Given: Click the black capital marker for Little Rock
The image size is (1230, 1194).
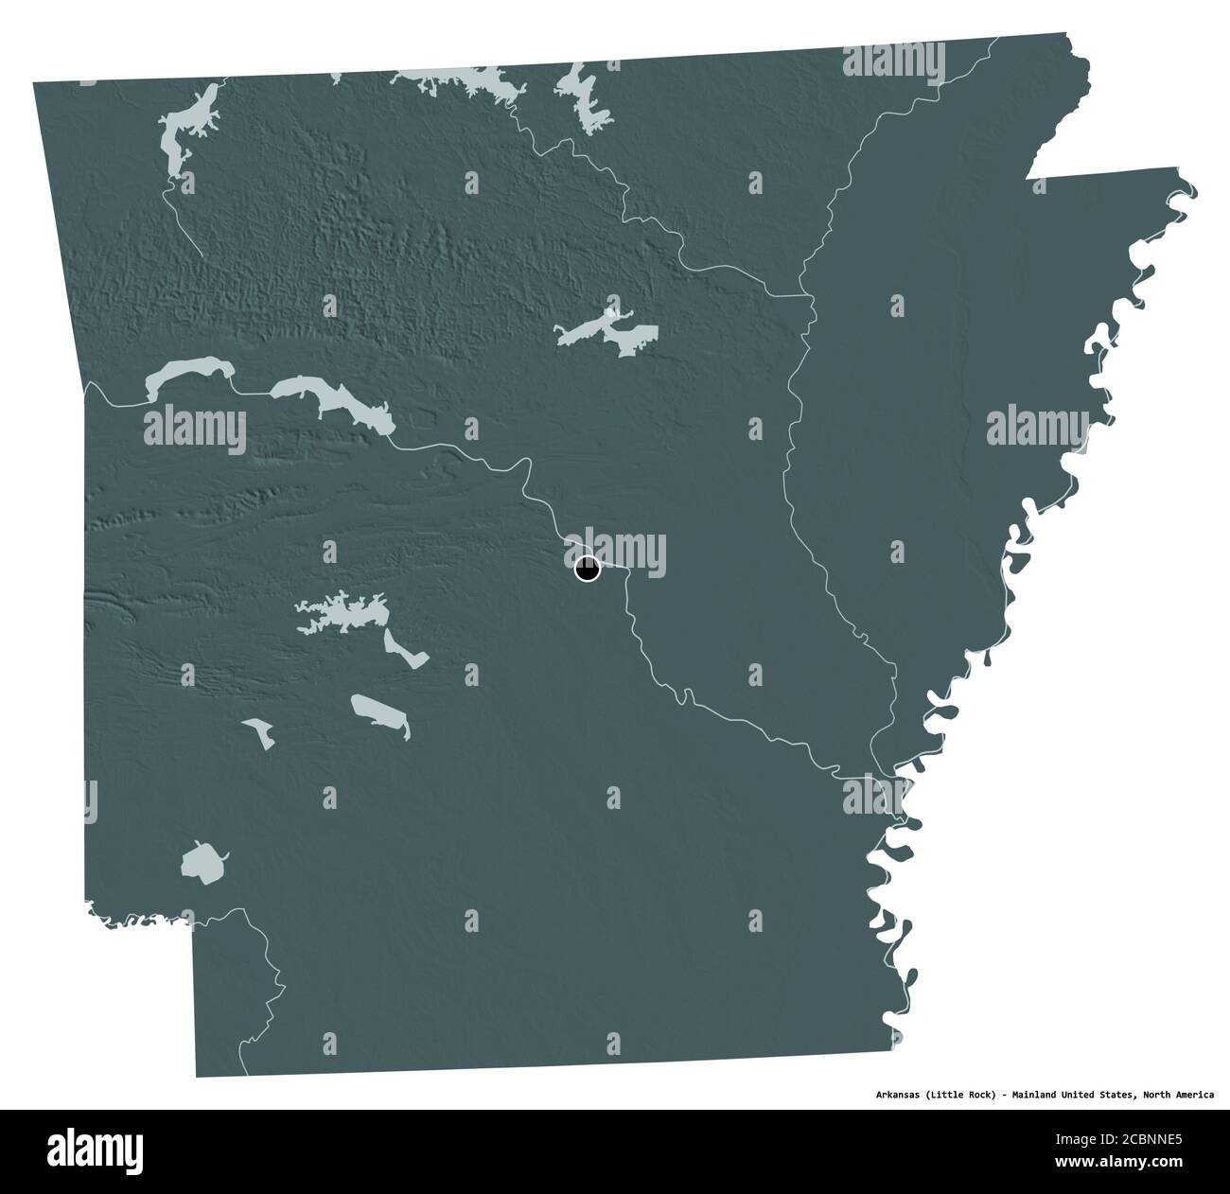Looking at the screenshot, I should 588,570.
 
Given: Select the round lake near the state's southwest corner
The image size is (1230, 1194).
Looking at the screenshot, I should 203,862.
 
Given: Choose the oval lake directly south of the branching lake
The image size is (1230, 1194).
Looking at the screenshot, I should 381,714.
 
